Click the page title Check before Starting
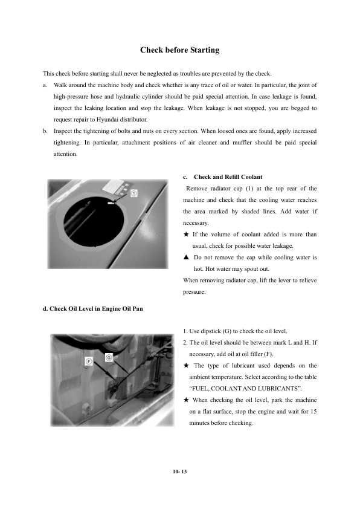coord(179,50)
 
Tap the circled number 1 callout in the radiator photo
coord(133,193)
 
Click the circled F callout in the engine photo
coord(89,361)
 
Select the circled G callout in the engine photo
coord(109,357)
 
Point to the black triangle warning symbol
coord(186,258)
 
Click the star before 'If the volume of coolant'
coord(186,235)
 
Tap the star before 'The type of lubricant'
coord(186,366)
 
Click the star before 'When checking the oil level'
coord(186,400)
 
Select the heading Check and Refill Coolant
coord(228,177)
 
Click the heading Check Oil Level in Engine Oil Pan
coord(93,309)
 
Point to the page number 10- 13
coord(180,472)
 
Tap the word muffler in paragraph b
coord(242,143)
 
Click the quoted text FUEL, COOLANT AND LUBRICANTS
coord(245,389)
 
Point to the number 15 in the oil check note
coord(313,412)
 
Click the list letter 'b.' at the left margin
coord(45,131)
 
